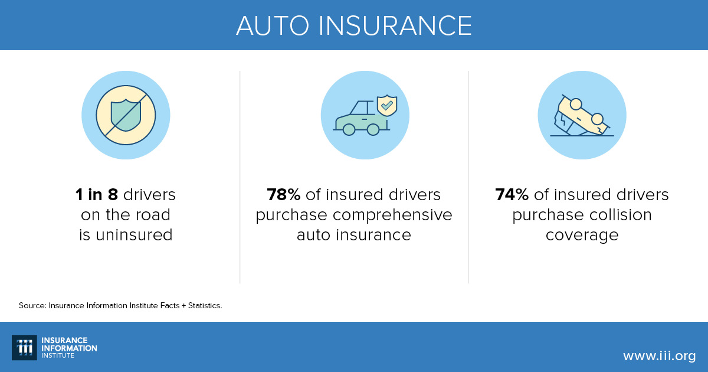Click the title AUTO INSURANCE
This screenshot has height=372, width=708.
pyautogui.click(x=354, y=25)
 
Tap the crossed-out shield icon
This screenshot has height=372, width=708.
pyautogui.click(x=126, y=115)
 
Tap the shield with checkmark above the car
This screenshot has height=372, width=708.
pyautogui.click(x=387, y=106)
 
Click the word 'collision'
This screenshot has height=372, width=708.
pyautogui.click(x=618, y=215)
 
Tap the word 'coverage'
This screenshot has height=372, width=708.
pyautogui.click(x=582, y=235)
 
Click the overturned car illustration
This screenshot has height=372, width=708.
pyautogui.click(x=582, y=116)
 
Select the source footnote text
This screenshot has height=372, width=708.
pyautogui.click(x=120, y=305)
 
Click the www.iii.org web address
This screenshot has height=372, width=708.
pyautogui.click(x=659, y=355)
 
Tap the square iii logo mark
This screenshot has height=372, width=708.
pyautogui.click(x=24, y=347)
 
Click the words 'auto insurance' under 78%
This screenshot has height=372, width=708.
pyautogui.click(x=354, y=235)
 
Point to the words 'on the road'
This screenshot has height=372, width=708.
pyautogui.click(x=126, y=215)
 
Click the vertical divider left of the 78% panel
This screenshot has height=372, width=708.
pyautogui.click(x=240, y=177)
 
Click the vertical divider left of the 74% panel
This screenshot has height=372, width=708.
pyautogui.click(x=468, y=177)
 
